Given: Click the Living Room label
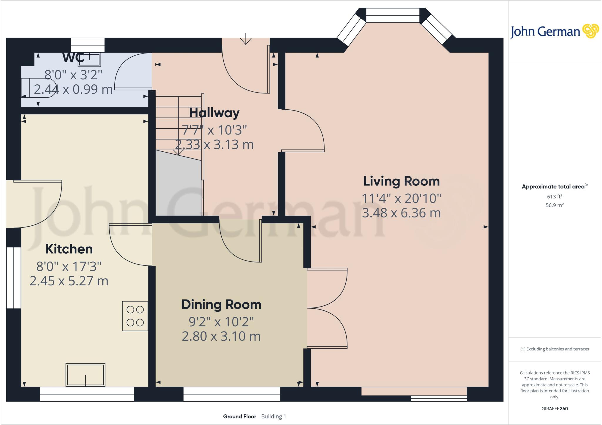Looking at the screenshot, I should click(401, 181).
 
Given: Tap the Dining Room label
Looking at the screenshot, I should click(221, 304).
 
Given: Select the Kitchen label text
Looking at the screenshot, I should click(69, 249).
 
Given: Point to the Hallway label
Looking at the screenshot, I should click(214, 113).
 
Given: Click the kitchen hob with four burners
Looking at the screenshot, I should click(135, 316).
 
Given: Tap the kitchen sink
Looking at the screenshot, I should click(85, 375).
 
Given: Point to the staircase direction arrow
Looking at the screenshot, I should click(178, 152).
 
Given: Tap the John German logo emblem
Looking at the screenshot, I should click(591, 31).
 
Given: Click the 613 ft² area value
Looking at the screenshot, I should click(554, 197).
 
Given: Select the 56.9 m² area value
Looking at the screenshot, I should click(554, 205).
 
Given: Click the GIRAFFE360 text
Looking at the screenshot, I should click(554, 409).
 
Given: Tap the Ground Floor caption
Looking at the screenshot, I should click(240, 416).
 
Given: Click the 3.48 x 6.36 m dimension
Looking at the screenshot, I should click(401, 213).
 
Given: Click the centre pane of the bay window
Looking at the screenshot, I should click(392, 15).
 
